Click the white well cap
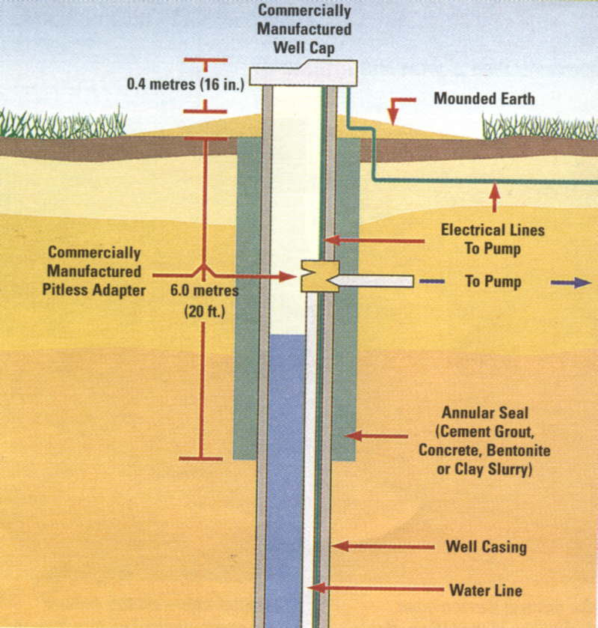(303, 73)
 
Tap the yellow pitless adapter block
(320, 276)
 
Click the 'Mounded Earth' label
(484, 99)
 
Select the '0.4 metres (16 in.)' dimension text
(185, 84)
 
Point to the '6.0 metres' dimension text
(204, 290)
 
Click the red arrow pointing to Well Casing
(383, 546)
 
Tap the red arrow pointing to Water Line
(375, 588)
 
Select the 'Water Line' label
(486, 591)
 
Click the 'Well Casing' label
(486, 547)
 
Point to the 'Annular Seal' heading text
(485, 413)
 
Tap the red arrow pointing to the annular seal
(377, 436)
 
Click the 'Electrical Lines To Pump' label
(493, 239)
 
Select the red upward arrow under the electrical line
(495, 197)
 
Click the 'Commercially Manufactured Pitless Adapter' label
(94, 271)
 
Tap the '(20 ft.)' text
(205, 311)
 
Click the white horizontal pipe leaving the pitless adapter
(372, 281)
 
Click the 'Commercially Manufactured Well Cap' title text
(304, 29)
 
